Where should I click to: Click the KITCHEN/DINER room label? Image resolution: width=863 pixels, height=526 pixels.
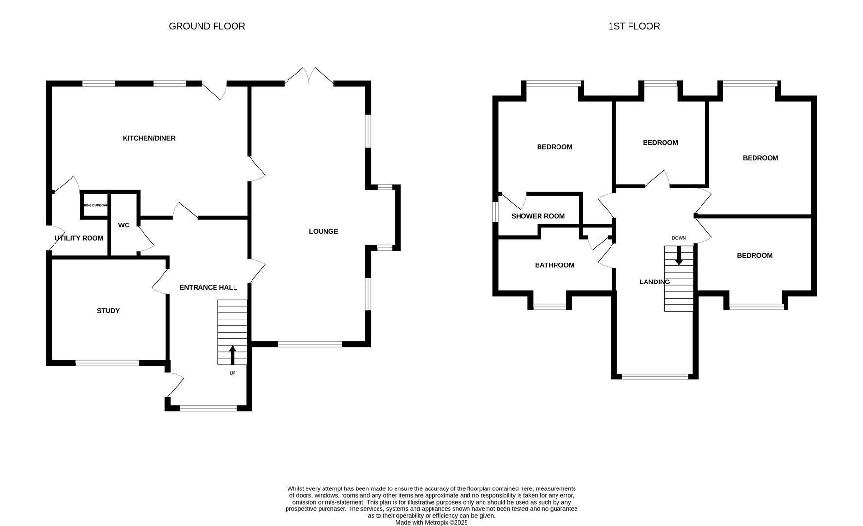pyautogui.click(x=149, y=138)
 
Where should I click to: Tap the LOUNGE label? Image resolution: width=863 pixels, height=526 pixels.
pyautogui.click(x=323, y=231)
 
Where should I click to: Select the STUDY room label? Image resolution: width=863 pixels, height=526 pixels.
pyautogui.click(x=108, y=311)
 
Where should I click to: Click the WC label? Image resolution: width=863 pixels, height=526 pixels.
pyautogui.click(x=124, y=225)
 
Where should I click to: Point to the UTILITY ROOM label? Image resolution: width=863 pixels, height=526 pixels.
pyautogui.click(x=79, y=238)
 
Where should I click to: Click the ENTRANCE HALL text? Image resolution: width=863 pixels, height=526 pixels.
pyautogui.click(x=208, y=287)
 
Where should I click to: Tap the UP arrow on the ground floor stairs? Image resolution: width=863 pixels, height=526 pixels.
pyautogui.click(x=233, y=355)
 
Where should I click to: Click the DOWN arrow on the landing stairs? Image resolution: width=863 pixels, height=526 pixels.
pyautogui.click(x=679, y=256)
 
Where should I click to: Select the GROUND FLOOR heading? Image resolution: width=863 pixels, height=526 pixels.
pyautogui.click(x=207, y=26)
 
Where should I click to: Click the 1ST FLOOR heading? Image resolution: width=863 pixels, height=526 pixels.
pyautogui.click(x=634, y=26)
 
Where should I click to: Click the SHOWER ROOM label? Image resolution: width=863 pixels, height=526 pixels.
pyautogui.click(x=538, y=216)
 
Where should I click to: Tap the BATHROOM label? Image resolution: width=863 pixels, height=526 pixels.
pyautogui.click(x=554, y=265)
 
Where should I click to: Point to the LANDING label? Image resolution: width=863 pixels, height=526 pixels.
pyautogui.click(x=654, y=282)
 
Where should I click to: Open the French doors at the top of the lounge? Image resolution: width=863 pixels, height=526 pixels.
pyautogui.click(x=309, y=77)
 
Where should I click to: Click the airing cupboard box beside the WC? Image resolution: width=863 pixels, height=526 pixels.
pyautogui.click(x=95, y=205)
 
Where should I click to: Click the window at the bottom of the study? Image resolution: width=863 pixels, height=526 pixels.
pyautogui.click(x=107, y=362)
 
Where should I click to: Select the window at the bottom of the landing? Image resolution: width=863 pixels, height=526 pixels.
pyautogui.click(x=655, y=376)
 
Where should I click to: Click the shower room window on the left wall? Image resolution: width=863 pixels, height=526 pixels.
pyautogui.click(x=495, y=212)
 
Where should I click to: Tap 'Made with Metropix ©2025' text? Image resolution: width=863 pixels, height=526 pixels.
pyautogui.click(x=431, y=522)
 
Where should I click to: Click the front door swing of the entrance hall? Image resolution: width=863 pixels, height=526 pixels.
pyautogui.click(x=175, y=385)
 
